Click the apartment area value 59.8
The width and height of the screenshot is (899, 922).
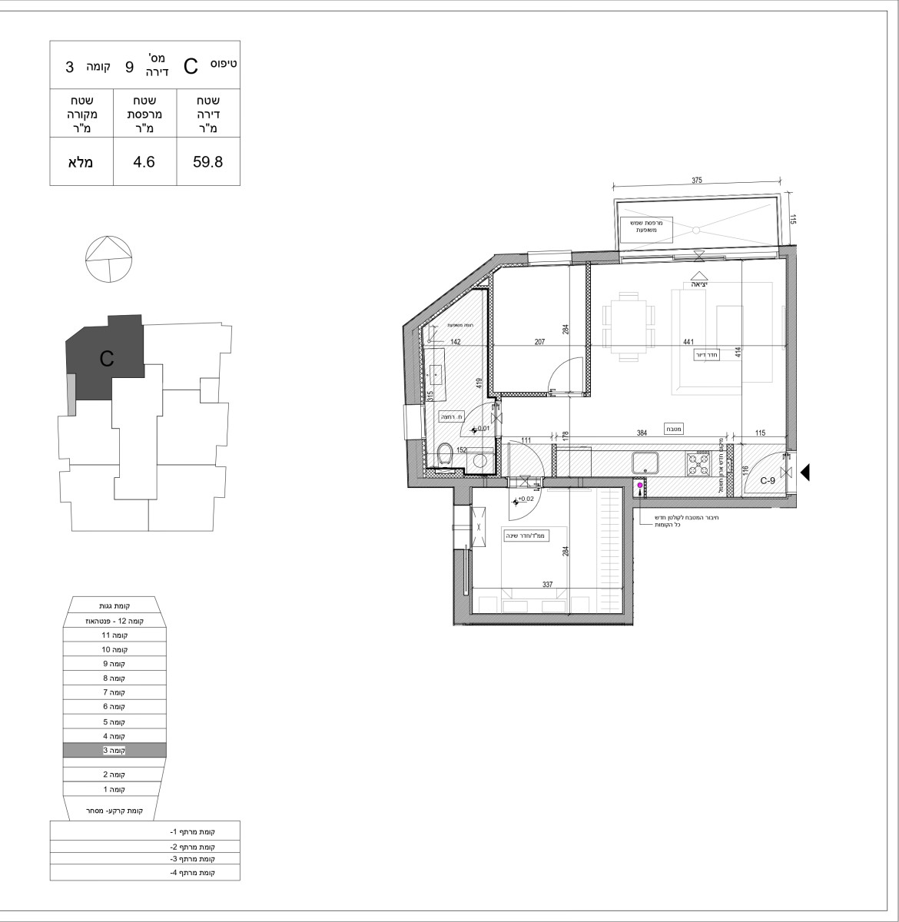click(x=207, y=162)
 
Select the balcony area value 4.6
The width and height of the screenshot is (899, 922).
click(x=144, y=162)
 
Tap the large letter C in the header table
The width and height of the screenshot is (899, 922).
click(x=191, y=66)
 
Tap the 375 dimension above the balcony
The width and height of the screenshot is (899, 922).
click(x=697, y=181)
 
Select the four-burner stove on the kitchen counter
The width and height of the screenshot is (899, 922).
click(x=698, y=463)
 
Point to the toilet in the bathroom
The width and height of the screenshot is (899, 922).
click(x=444, y=456)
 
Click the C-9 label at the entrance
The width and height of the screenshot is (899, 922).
click(x=767, y=481)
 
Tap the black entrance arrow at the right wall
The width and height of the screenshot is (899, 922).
click(x=805, y=472)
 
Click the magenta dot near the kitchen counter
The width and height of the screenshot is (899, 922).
click(x=639, y=485)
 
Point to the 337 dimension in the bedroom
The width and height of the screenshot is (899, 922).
click(x=548, y=585)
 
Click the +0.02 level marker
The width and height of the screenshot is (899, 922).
click(x=525, y=499)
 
